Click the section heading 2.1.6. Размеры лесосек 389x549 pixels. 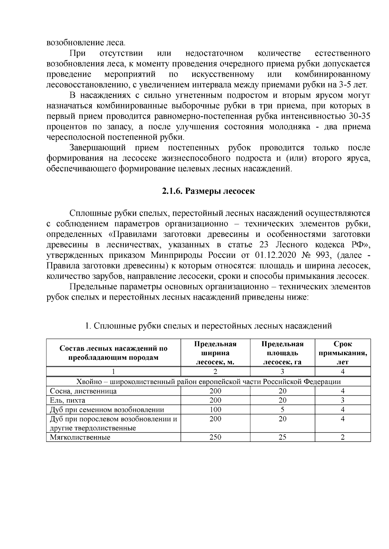(x=208, y=191)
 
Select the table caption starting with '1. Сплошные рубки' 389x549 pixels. (x=208, y=326)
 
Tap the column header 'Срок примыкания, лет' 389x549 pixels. (x=343, y=353)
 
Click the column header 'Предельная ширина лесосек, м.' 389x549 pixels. (x=215, y=353)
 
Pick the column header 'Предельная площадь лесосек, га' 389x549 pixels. (x=282, y=353)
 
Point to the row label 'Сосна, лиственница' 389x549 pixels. (x=83, y=391)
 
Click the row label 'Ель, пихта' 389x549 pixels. (x=67, y=401)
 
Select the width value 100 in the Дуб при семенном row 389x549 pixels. (x=215, y=410)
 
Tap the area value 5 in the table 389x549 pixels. (x=282, y=410)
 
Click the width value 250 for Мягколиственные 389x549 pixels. (x=215, y=437)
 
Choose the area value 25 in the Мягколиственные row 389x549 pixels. (x=282, y=437)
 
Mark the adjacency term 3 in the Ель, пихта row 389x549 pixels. (x=343, y=401)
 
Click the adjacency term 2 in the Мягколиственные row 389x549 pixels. (x=343, y=437)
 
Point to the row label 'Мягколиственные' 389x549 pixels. (x=80, y=438)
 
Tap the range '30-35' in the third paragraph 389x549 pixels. (x=360, y=116)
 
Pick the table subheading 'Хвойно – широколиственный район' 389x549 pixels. (x=208, y=382)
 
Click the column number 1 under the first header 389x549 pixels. (x=113, y=371)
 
